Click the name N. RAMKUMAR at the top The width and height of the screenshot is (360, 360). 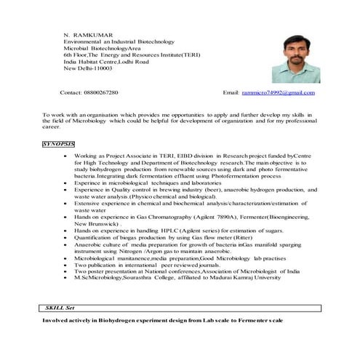click(85, 34)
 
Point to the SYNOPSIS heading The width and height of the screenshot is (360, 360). click(60, 145)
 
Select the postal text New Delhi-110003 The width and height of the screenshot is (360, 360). click(88, 68)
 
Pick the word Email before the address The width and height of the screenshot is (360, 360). click(231, 93)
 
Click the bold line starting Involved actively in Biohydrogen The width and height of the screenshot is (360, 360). click(163, 320)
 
